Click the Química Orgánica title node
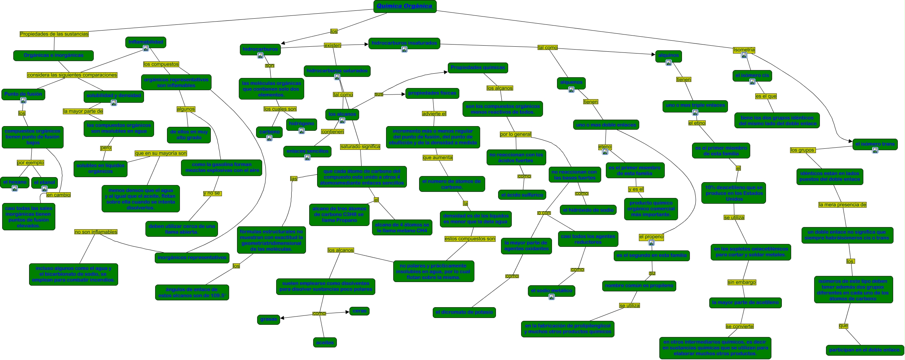click(404, 6)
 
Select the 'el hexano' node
click(15, 182)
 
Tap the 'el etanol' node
click(44, 183)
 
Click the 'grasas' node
click(269, 319)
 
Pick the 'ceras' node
click(359, 311)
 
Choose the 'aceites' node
click(325, 342)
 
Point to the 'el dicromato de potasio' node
click(464, 312)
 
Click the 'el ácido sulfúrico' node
click(522, 195)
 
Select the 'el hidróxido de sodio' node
click(588, 210)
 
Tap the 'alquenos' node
click(571, 82)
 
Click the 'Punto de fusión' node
click(23, 94)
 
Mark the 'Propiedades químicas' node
click(478, 68)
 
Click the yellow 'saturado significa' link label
click(360, 147)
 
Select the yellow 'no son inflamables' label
click(96, 232)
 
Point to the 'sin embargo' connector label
click(742, 282)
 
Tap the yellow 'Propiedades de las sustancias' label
click(54, 34)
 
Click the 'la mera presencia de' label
click(842, 205)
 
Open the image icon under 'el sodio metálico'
click(552, 297)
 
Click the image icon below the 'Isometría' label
click(744, 55)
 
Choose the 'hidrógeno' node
click(301, 124)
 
